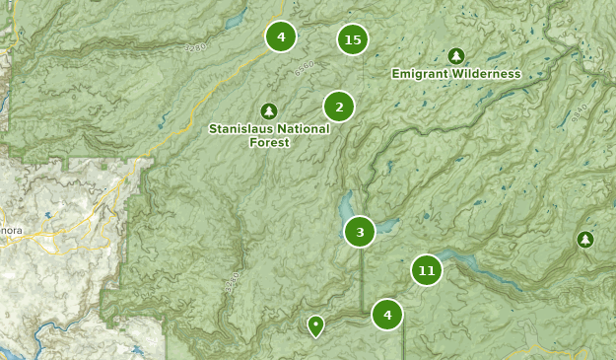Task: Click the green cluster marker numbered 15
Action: tap(352, 39)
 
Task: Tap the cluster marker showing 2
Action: tap(339, 107)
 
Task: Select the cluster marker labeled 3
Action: tap(360, 232)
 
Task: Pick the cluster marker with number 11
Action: tap(426, 270)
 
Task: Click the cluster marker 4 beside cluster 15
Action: tap(281, 37)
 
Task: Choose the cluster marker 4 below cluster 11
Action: tap(387, 315)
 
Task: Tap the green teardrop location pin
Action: tap(315, 324)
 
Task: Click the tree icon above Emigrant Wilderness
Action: tap(455, 56)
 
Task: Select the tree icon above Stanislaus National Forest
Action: tap(269, 110)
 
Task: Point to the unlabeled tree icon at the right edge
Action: tap(585, 240)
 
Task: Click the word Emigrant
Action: tap(423, 74)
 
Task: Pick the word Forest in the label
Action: tap(270, 142)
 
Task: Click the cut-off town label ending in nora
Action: tap(10, 231)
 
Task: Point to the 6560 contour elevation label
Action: tap(307, 70)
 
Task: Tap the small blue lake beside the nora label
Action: tap(46, 213)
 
